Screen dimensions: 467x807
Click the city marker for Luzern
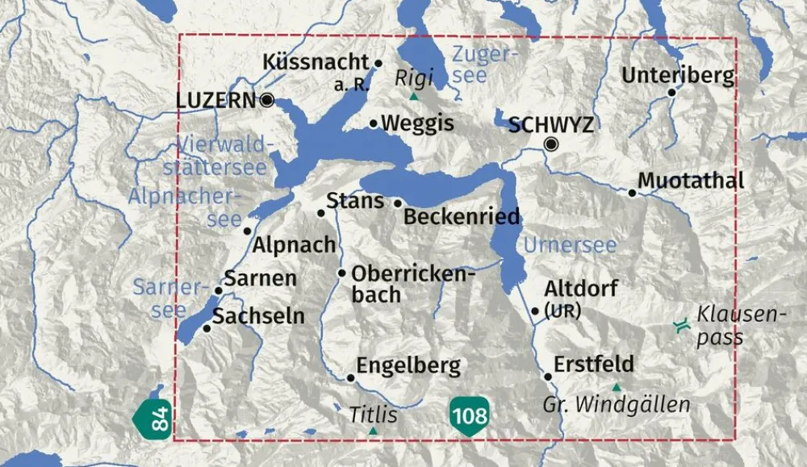[267, 100]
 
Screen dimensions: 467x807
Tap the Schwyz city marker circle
[551, 144]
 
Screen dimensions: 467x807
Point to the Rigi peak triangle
[414, 97]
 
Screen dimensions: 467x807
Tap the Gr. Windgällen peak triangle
[617, 388]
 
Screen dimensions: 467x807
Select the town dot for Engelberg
[351, 377]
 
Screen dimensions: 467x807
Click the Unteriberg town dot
[671, 93]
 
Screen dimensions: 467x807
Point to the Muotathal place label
[691, 181]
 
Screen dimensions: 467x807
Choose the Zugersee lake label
[483, 65]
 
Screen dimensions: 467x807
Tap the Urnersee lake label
[570, 245]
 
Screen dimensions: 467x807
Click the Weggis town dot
[374, 123]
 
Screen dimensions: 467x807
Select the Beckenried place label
[461, 217]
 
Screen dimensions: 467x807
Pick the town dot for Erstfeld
[548, 377]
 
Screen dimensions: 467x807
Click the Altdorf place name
[581, 289]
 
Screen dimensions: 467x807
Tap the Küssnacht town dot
[378, 62]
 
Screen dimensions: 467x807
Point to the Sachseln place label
[259, 316]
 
